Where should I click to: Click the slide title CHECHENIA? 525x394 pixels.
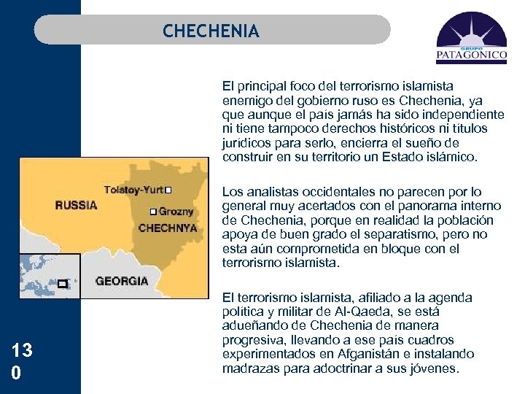211,31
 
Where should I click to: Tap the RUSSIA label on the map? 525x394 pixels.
76,205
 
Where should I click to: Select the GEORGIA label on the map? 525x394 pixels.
122,280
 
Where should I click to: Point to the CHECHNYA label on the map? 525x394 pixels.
168,228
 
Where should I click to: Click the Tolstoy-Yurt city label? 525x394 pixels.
133,190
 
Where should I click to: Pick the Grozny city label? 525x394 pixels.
177,212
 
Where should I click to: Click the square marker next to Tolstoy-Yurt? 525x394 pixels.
168,190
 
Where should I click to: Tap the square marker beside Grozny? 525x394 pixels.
152,212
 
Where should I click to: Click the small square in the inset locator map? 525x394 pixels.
62,283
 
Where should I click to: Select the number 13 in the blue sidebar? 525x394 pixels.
22,351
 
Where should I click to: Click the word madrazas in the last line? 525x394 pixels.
249,368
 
